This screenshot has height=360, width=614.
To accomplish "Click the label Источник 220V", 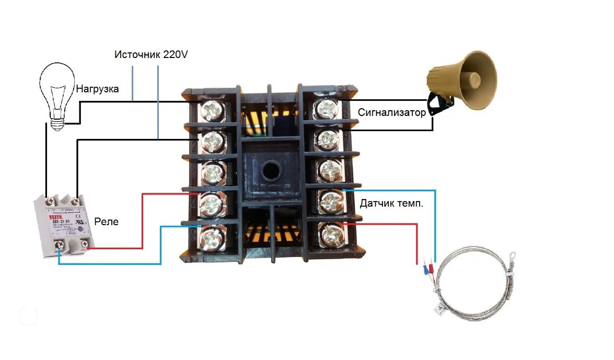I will pos(151,54).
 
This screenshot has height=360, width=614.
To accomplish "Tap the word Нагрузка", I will pos(98,89).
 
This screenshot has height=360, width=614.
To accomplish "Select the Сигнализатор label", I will pos(392,112).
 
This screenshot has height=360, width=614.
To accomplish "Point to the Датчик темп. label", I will pos(391,203).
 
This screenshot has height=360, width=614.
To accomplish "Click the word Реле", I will pos(107,222).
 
